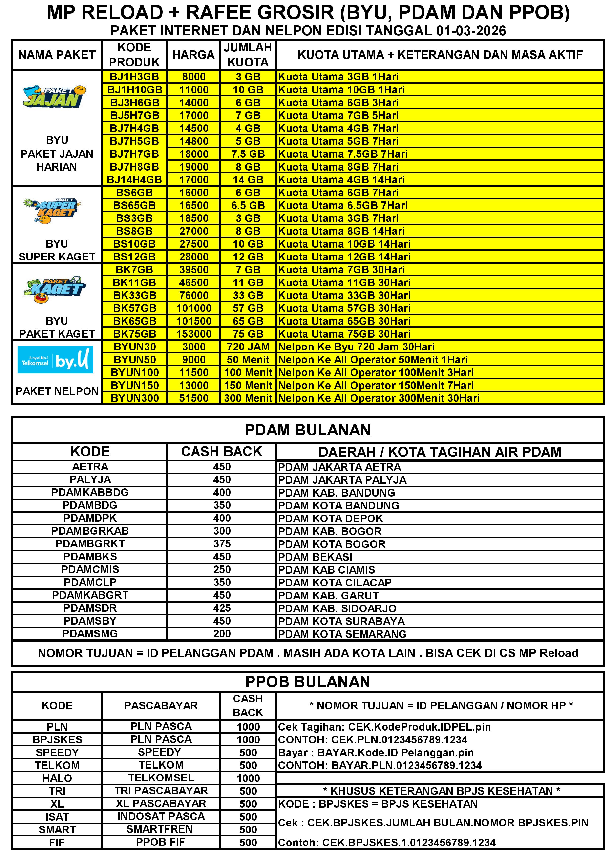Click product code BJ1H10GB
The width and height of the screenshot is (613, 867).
(x=134, y=90)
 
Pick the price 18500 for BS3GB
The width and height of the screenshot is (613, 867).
(x=194, y=218)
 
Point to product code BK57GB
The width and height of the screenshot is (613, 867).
(x=134, y=308)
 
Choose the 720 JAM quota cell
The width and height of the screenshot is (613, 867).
(x=248, y=347)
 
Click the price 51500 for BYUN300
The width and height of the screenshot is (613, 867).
(x=194, y=398)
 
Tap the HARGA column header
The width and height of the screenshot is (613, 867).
(x=193, y=55)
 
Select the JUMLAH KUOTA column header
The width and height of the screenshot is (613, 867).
(x=248, y=55)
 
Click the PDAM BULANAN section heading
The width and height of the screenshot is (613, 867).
(x=308, y=430)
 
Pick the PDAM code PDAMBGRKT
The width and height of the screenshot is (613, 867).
(x=90, y=544)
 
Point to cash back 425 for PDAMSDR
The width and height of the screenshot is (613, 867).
(x=222, y=608)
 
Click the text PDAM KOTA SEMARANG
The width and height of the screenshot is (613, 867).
(x=342, y=634)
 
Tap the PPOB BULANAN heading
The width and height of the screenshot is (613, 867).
(x=308, y=682)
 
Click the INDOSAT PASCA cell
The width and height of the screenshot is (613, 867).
(x=161, y=816)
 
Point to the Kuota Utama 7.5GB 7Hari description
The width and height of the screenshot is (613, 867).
(x=343, y=154)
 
